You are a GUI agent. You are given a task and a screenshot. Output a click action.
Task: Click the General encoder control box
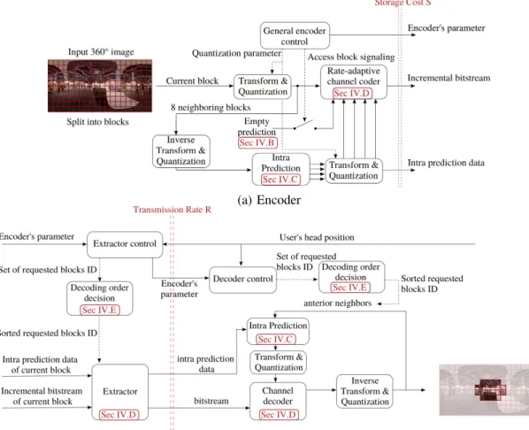coord(295,35)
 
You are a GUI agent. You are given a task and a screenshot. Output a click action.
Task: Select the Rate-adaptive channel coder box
coord(354,82)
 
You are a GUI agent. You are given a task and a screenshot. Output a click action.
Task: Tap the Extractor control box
coord(125,244)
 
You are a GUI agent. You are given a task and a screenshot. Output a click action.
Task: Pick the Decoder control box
coord(243,280)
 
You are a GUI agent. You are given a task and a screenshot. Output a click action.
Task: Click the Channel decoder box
coord(278,401)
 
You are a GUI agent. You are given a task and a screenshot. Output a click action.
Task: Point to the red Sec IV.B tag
coord(257,142)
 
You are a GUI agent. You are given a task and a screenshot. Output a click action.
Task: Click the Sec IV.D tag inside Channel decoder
coord(279,414)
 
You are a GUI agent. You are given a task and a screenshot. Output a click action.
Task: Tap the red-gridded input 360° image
coord(100,86)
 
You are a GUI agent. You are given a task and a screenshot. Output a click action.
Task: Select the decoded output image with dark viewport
coord(484,390)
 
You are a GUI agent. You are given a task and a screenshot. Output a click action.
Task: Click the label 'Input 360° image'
coord(101,52)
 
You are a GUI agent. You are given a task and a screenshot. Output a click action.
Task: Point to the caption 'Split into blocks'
coord(97,122)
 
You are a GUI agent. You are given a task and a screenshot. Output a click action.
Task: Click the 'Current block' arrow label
coord(192,81)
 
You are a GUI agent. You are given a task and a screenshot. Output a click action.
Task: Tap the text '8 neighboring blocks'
coord(211,107)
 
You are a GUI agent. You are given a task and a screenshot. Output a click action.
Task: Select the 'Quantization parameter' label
coord(236,53)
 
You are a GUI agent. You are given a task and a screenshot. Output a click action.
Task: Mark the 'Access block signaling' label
coord(351,57)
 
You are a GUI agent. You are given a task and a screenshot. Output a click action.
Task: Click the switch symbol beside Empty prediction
coord(305,126)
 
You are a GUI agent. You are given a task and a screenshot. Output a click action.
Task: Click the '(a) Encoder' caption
coord(269,200)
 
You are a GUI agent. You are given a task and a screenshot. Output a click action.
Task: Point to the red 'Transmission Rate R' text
coord(172,210)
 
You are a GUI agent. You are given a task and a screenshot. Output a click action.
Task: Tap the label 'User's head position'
coord(317,237)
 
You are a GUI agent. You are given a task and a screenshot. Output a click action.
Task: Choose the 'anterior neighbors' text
coord(337,303)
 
